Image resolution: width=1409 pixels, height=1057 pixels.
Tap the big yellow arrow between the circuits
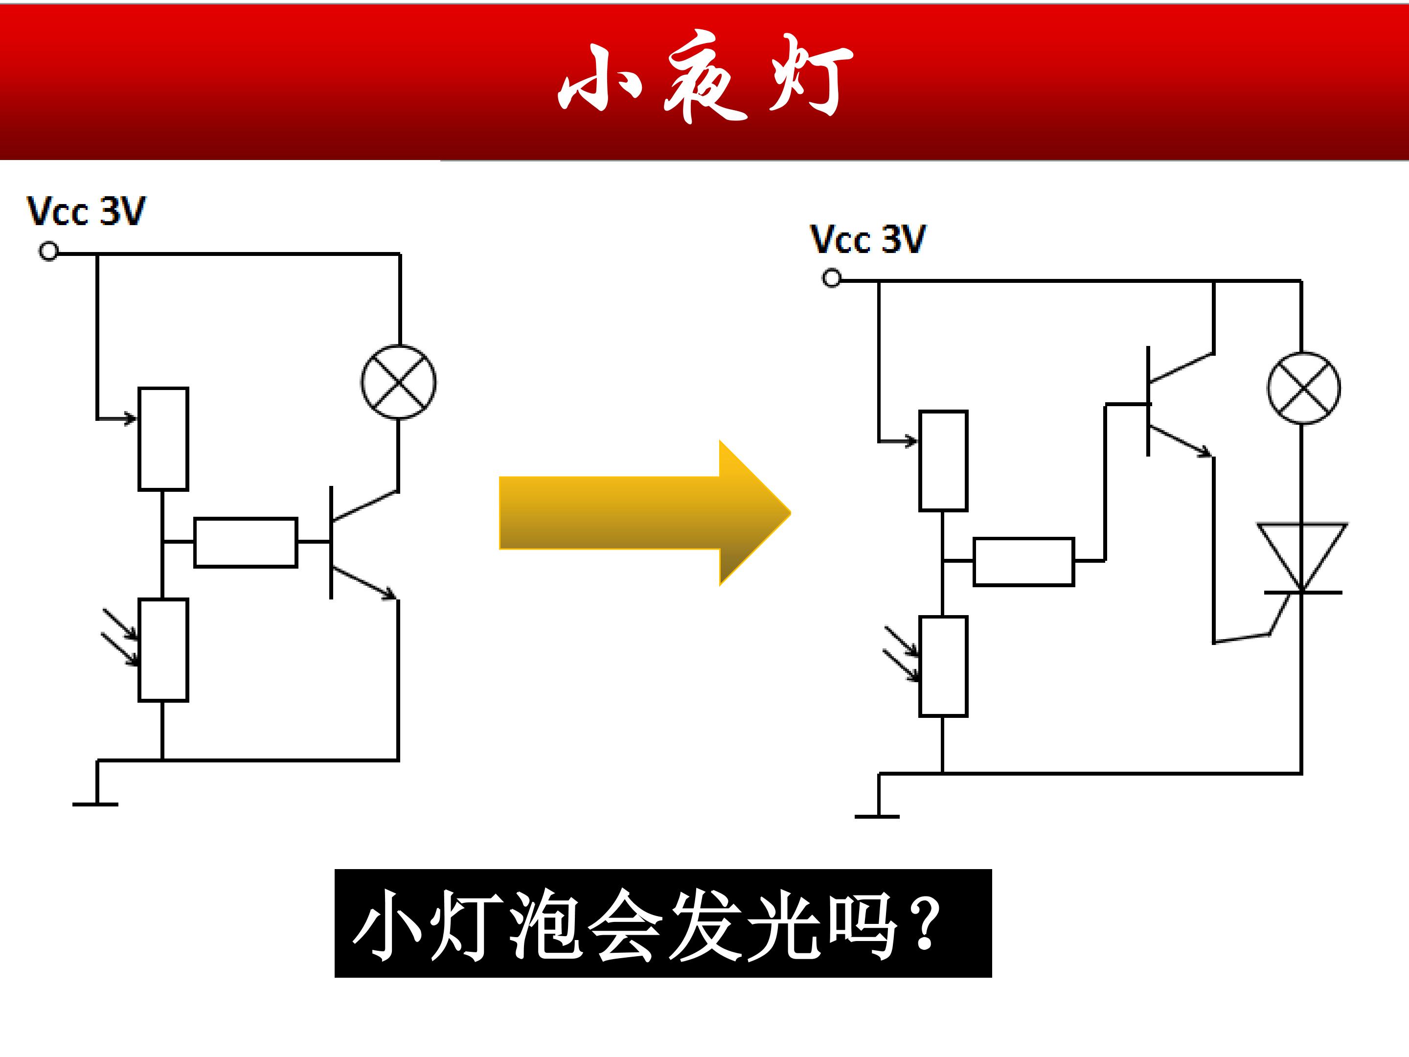tap(645, 512)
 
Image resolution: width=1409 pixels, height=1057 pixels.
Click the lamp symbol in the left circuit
tap(399, 382)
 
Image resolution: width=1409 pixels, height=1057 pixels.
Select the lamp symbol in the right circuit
tap(1304, 388)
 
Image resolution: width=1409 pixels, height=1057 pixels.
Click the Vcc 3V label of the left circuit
tap(86, 211)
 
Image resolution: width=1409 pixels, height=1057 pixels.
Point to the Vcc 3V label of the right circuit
tap(867, 240)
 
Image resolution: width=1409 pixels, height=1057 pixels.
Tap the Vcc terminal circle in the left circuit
tap(48, 251)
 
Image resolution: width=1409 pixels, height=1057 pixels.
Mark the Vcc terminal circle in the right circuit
tap(831, 278)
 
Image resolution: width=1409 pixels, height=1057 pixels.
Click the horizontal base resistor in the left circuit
tap(245, 542)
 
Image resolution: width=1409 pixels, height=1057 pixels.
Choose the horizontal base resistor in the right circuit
tap(1023, 562)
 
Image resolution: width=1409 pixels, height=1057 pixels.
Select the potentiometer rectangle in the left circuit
tap(163, 439)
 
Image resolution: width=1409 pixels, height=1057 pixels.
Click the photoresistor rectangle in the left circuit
tap(163, 650)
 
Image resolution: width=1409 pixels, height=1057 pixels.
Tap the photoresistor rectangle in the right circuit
tap(943, 666)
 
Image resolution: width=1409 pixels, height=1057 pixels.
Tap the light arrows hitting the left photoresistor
tap(120, 637)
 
